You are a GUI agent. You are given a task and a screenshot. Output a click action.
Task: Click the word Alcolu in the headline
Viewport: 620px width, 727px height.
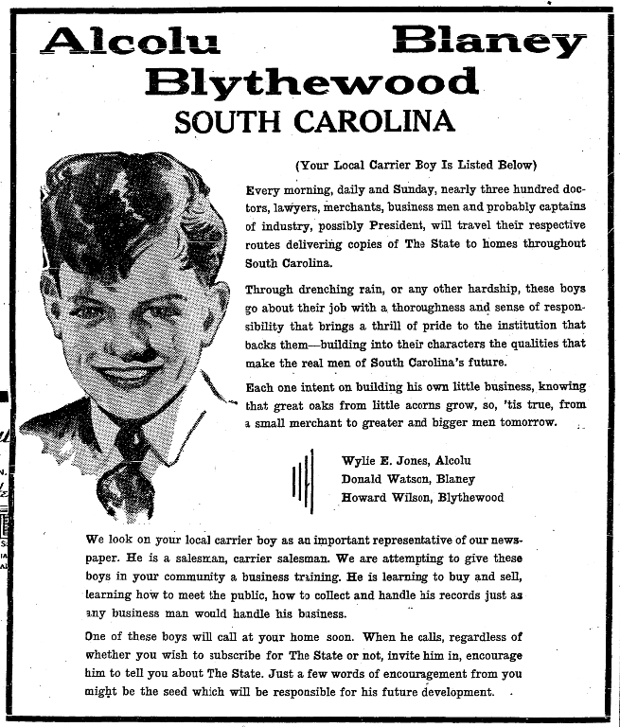(x=132, y=41)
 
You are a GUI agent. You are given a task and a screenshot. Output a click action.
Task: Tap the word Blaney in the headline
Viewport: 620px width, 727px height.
(x=488, y=41)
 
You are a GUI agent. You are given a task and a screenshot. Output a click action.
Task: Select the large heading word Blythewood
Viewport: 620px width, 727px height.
(x=311, y=82)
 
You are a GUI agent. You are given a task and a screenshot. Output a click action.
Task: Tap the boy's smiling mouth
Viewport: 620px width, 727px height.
(x=130, y=378)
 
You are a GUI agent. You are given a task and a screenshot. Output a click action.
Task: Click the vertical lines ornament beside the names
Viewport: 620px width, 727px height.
(x=302, y=481)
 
